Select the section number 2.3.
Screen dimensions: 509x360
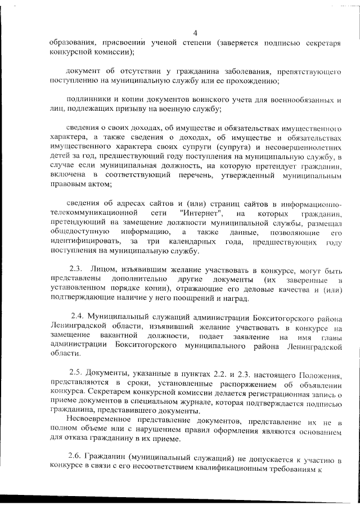tap(76, 269)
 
